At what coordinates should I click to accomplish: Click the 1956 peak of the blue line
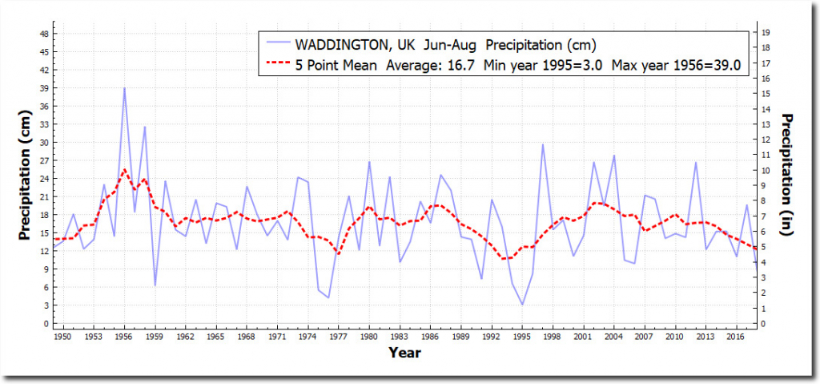[x=124, y=88]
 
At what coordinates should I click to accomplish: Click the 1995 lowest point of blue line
[x=522, y=305]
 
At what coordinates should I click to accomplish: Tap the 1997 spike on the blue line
[x=542, y=145]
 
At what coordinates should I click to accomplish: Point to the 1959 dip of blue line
[x=155, y=285]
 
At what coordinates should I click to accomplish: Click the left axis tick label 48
[x=43, y=34]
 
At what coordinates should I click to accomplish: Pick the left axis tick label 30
[x=43, y=142]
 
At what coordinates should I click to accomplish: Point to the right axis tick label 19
[x=766, y=32]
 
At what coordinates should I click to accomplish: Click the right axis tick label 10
[x=766, y=170]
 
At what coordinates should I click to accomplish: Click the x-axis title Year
[x=405, y=353]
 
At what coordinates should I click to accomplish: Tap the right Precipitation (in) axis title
[x=788, y=177]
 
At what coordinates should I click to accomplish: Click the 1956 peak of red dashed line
[x=124, y=170]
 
